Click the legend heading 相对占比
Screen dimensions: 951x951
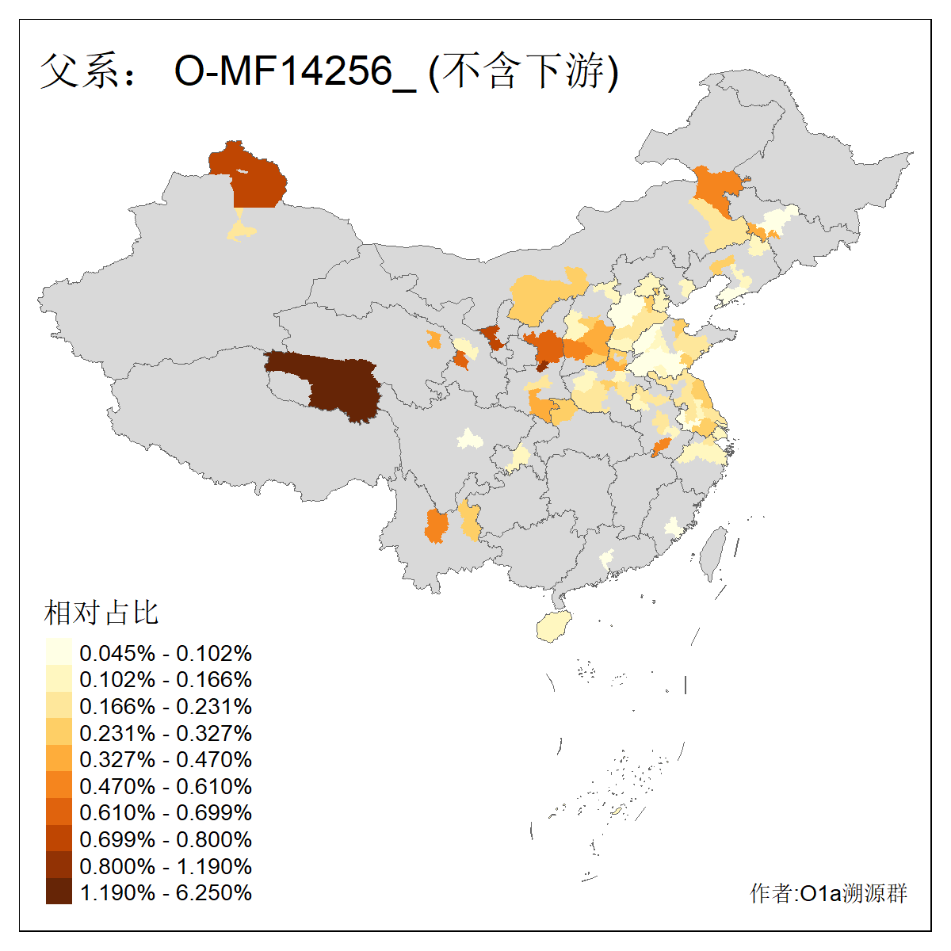[101, 613]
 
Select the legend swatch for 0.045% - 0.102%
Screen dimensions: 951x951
[59, 653]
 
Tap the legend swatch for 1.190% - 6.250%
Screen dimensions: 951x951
[59, 892]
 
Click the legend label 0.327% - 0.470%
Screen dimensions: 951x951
[166, 759]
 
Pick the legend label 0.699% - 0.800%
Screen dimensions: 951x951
[166, 839]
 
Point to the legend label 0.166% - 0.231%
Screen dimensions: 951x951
[166, 706]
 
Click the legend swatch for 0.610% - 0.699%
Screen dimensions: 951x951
[59, 812]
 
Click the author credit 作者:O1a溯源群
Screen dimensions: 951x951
[828, 893]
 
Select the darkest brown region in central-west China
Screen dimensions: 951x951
[341, 384]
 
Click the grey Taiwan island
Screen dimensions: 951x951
[713, 551]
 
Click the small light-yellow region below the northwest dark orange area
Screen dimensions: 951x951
[241, 230]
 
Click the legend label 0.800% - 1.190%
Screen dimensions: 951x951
[166, 866]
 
